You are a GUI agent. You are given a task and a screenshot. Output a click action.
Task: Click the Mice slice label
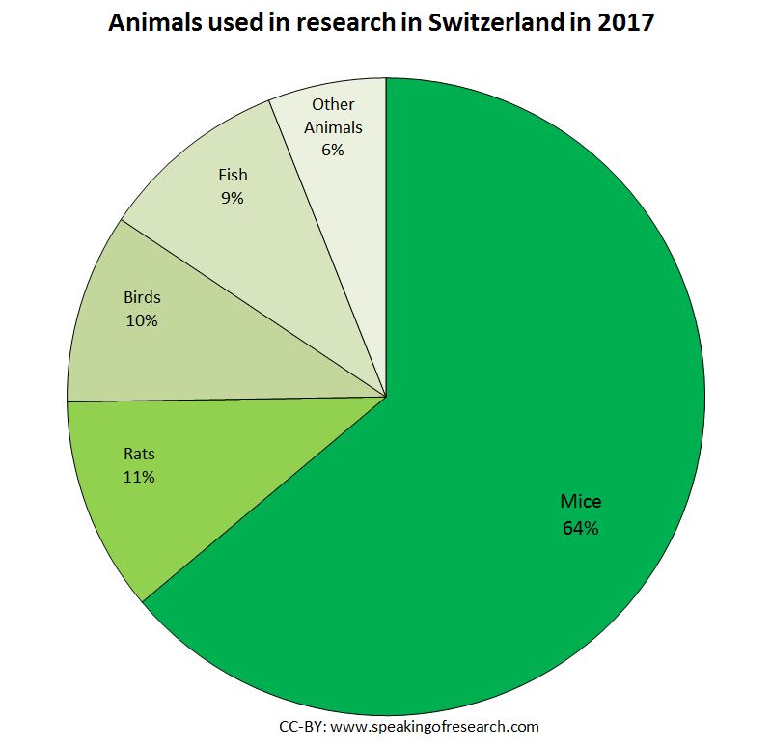coord(580,502)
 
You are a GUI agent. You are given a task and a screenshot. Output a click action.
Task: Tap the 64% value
coord(580,528)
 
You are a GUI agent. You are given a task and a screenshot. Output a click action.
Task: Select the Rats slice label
coord(139,453)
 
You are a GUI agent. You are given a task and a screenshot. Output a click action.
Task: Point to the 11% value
coord(139,477)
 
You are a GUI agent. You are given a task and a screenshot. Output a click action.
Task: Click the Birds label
coord(142,297)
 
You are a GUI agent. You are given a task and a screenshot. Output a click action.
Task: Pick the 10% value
coord(142,320)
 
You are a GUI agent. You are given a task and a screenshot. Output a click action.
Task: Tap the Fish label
coord(233,175)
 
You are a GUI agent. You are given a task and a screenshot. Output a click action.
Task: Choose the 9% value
coord(233,199)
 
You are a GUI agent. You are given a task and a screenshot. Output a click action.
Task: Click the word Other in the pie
coord(333,104)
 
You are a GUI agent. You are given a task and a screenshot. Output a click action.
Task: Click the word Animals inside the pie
coord(333,127)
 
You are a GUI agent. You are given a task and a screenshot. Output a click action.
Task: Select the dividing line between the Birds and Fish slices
coord(253,308)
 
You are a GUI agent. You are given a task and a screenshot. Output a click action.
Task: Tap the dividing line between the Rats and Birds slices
coord(227,399)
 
